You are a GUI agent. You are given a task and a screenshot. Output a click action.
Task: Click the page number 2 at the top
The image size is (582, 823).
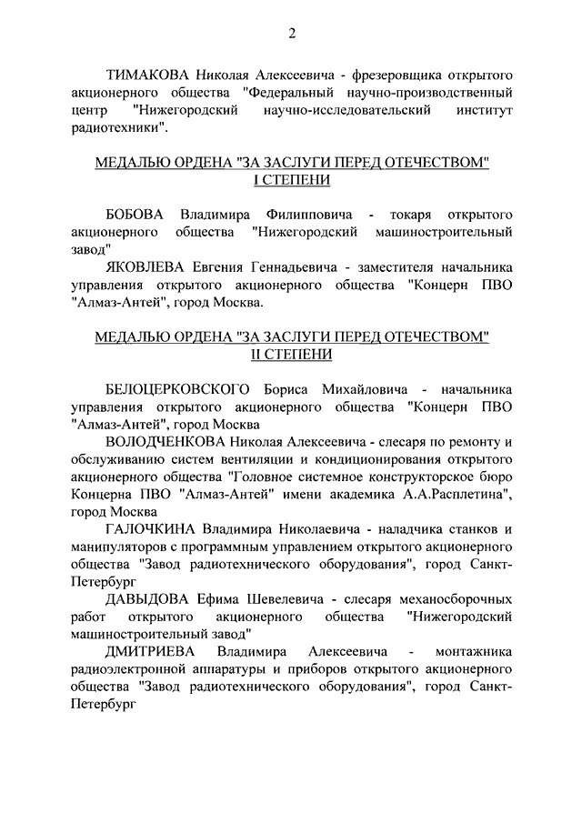tap(292, 35)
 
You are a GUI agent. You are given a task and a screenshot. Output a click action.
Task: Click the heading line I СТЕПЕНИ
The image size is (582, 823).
tap(291, 180)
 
